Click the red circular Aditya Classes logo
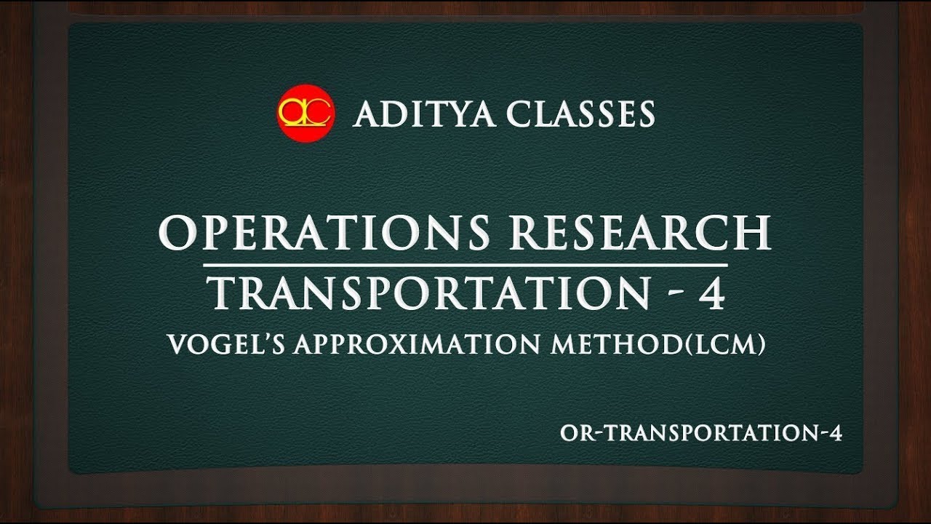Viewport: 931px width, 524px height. coord(305,114)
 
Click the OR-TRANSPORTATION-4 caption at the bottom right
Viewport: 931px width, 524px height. coord(701,433)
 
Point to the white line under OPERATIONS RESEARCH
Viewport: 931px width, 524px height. coord(465,263)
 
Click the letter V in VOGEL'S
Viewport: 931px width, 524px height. coord(177,344)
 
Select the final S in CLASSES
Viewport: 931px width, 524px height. coord(644,114)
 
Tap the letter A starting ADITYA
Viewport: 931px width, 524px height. coord(366,114)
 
